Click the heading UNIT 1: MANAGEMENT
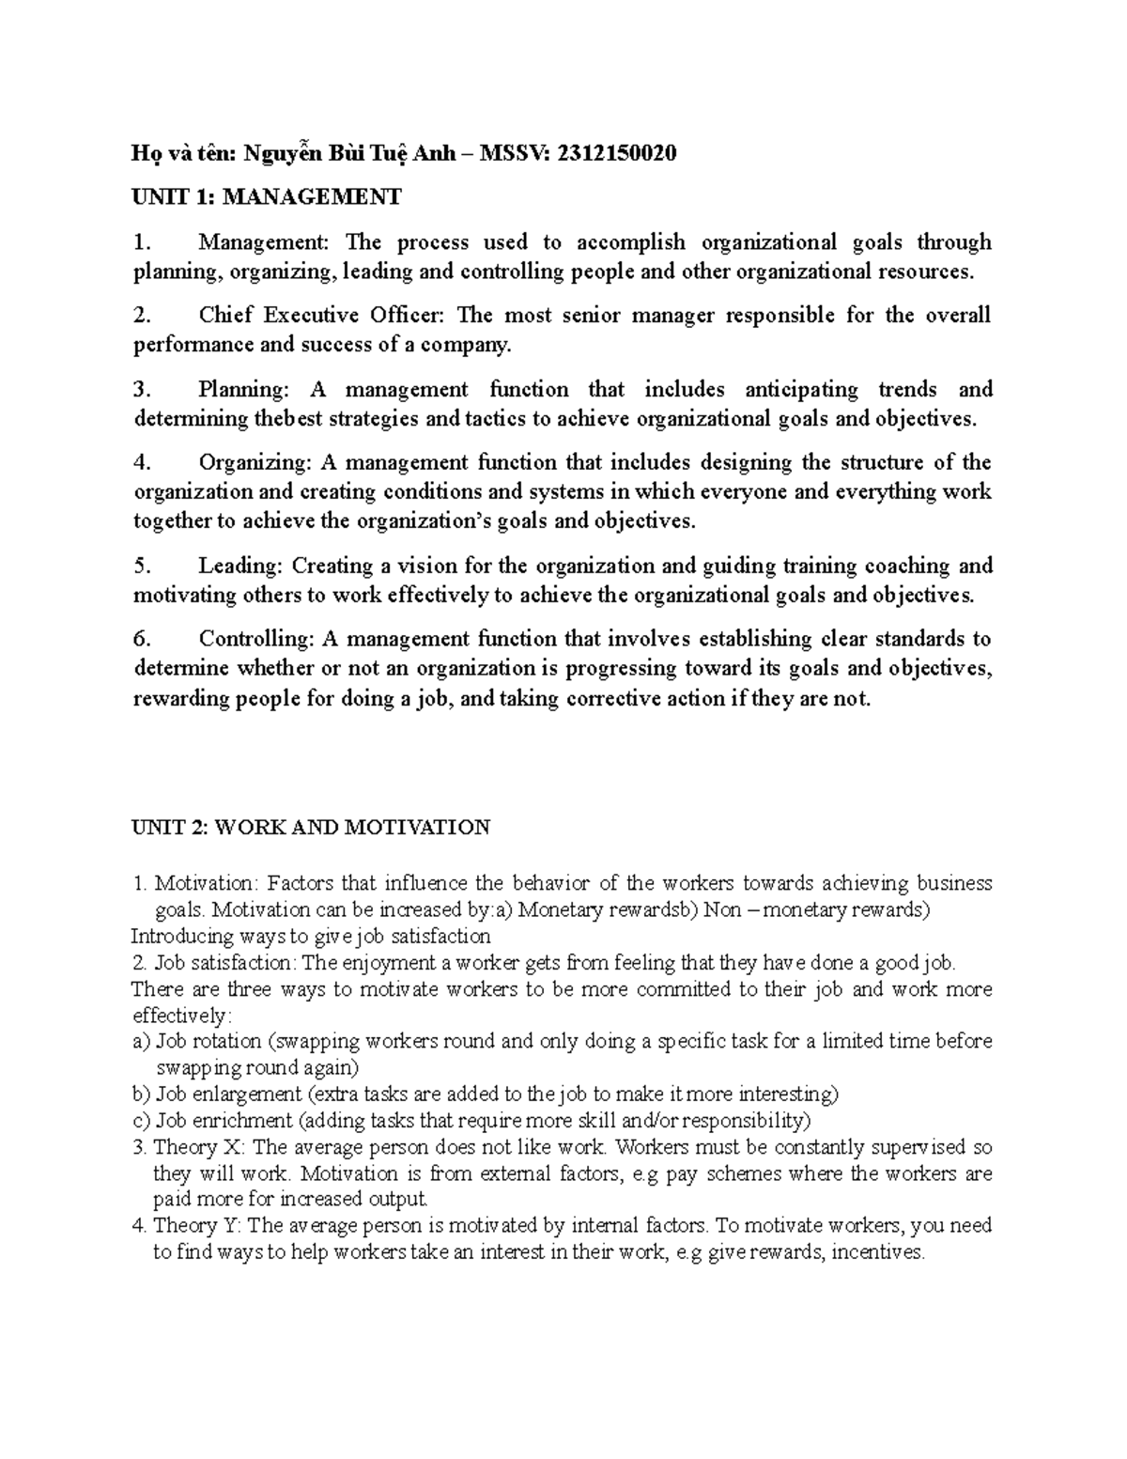(267, 197)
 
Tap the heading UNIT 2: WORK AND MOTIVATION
(311, 828)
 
